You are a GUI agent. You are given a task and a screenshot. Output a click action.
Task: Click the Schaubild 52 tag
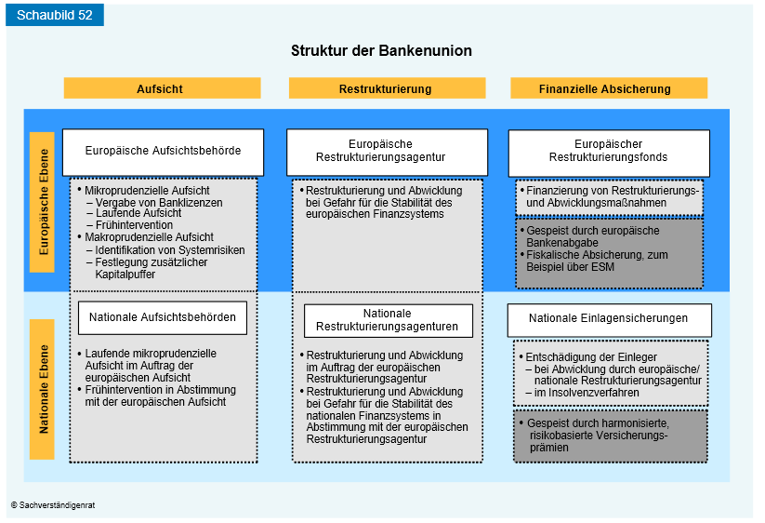tap(55, 15)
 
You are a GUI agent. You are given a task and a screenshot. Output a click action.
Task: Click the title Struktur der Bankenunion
tap(381, 51)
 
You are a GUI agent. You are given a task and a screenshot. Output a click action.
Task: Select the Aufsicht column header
tap(162, 88)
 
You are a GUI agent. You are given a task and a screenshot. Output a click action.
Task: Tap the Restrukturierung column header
tap(387, 88)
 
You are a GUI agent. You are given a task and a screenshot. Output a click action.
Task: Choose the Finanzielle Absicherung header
tap(609, 88)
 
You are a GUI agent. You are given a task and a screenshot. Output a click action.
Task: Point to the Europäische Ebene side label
tap(43, 202)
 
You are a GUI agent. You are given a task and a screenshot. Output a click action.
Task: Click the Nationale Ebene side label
tap(43, 389)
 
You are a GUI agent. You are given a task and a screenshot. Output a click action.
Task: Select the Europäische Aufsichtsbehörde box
tap(163, 153)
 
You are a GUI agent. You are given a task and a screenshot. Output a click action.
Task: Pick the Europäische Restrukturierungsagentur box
tap(387, 153)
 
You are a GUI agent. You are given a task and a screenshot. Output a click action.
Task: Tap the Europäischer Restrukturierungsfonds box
tap(609, 154)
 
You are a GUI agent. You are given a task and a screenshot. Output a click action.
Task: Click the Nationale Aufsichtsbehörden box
tap(163, 318)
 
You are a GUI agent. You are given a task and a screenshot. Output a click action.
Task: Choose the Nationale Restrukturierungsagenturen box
tap(389, 321)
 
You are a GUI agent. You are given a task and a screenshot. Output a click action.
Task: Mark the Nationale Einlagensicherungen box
tap(610, 320)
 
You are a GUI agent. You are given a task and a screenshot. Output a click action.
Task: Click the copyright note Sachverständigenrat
tap(53, 505)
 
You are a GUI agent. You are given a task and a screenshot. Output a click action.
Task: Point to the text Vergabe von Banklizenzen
tap(159, 203)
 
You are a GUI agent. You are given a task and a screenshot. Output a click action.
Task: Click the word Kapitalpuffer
tap(125, 275)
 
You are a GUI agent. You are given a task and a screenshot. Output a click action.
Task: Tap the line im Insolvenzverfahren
tap(587, 393)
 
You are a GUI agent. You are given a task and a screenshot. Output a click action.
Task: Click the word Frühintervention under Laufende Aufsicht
tap(134, 225)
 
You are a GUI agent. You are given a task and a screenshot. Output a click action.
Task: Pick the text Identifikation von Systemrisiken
tap(170, 250)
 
